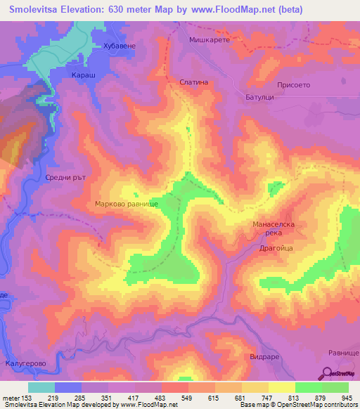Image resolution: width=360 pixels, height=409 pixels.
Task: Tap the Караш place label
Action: (84, 74)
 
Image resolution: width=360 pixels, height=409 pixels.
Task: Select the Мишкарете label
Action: (210, 41)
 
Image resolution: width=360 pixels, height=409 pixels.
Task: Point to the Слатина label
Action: (195, 82)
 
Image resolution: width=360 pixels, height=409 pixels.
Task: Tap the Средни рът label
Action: (65, 178)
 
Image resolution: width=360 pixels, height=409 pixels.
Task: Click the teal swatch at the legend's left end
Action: (41, 387)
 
